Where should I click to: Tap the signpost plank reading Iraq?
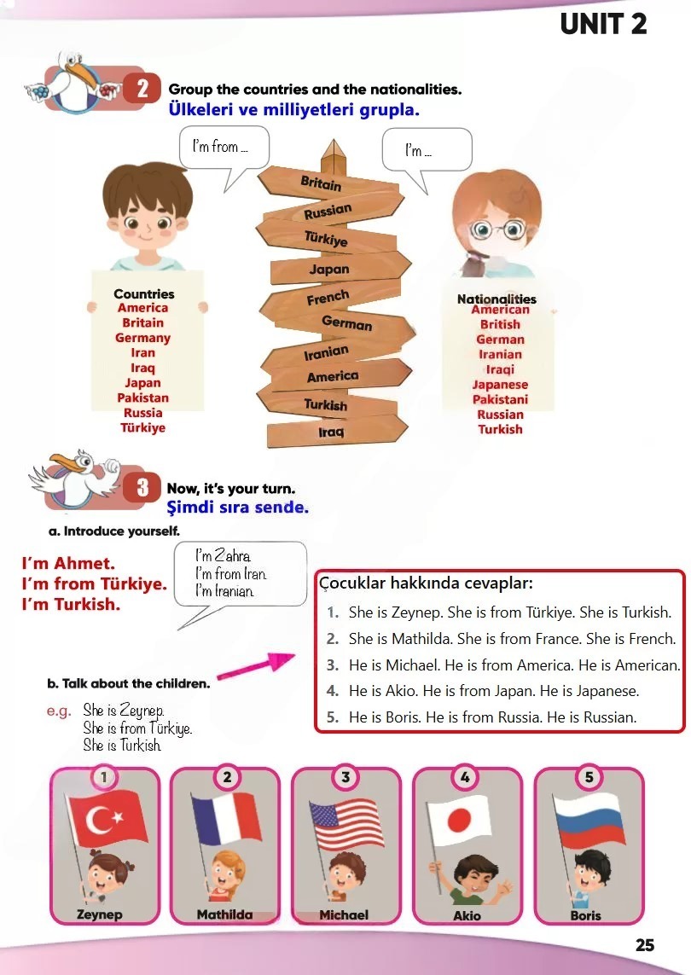point(336,431)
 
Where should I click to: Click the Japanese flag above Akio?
point(459,820)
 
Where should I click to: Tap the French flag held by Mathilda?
point(226,819)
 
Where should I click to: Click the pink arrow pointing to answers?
point(256,665)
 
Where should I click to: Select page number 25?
point(644,945)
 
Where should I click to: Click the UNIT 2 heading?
point(603,24)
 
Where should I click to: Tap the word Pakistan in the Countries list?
point(143,398)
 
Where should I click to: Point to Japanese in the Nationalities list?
point(500,385)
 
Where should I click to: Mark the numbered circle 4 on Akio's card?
point(465,776)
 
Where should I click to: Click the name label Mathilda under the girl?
point(224,914)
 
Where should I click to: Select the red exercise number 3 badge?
point(142,488)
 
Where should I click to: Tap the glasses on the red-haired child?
point(497,229)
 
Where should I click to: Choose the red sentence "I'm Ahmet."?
point(68,563)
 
